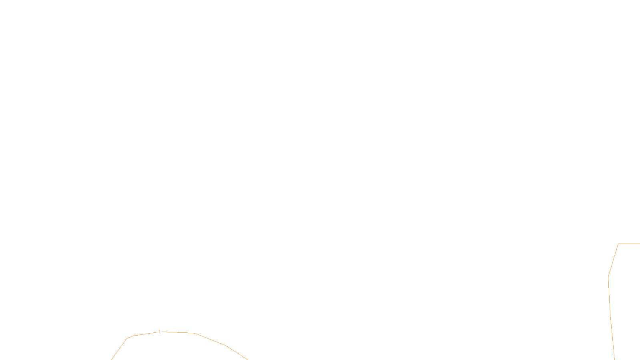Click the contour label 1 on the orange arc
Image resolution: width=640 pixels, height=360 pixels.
[160, 332]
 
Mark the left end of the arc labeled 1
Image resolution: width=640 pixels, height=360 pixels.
[112, 359]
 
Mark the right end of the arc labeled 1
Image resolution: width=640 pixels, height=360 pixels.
[248, 359]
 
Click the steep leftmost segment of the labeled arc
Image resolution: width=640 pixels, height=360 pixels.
[119, 349]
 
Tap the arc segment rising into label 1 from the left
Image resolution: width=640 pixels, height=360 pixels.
[145, 334]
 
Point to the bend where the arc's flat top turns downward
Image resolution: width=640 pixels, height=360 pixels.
[194, 333]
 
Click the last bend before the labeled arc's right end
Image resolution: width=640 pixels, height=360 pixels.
[227, 346]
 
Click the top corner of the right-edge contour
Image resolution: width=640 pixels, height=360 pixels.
[618, 244]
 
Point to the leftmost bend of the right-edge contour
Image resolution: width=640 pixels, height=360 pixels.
[608, 277]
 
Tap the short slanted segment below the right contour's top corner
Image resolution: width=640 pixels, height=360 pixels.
[614, 260]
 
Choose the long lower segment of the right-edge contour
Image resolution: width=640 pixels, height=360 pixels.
[611, 318]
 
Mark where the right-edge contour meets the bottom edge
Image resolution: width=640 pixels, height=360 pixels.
[614, 359]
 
